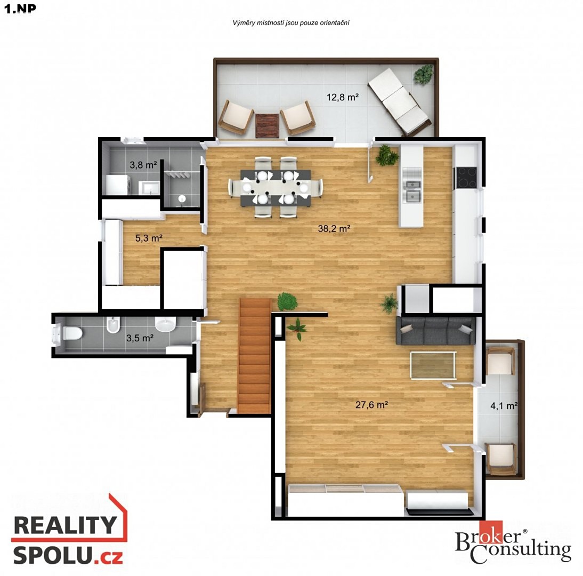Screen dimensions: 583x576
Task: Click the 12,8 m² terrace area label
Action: click(343, 97)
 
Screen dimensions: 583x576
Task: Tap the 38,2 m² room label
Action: click(334, 228)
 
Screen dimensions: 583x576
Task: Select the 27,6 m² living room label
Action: click(371, 404)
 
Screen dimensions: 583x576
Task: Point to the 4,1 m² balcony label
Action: click(504, 405)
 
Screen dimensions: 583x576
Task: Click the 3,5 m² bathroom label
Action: click(140, 338)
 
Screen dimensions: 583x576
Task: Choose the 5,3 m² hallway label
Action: click(149, 238)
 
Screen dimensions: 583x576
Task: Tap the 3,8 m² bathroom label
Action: click(143, 164)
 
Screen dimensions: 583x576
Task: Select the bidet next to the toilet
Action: click(112, 325)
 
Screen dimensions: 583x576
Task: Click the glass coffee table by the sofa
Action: click(433, 365)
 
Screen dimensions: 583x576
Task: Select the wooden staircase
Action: click(255, 356)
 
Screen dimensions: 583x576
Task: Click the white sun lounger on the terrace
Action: click(399, 101)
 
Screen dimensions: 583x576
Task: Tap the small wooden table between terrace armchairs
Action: click(267, 125)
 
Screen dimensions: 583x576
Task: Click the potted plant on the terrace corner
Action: click(424, 75)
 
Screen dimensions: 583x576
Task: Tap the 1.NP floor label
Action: click(20, 9)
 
